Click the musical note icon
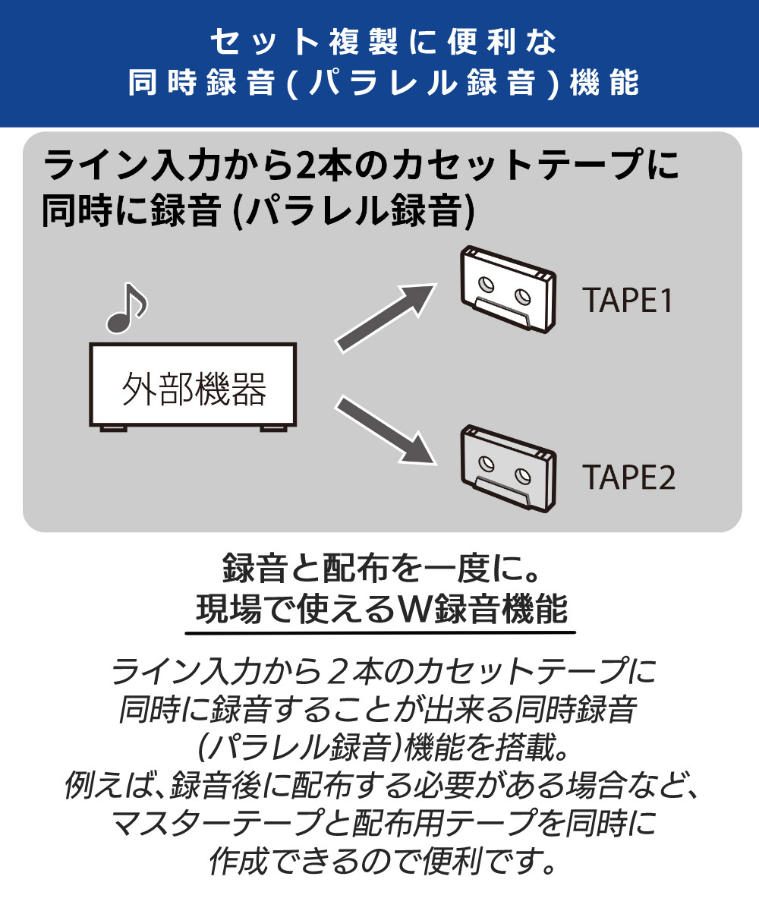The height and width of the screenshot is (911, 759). point(126,309)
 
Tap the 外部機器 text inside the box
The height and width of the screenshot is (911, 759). point(194,389)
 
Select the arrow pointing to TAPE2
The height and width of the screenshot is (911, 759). point(386,430)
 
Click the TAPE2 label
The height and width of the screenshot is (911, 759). point(628,477)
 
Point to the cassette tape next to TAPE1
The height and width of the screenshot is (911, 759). point(509,290)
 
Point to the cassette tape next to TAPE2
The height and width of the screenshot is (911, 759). point(509,468)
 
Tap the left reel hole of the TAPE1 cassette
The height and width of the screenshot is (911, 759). point(487,284)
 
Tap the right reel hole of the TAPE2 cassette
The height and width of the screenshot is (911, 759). point(522,475)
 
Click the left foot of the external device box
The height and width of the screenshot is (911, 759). point(113,428)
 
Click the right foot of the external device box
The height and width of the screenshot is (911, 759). point(273,428)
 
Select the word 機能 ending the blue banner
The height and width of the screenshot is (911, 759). point(604,82)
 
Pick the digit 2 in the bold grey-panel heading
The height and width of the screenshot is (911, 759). point(304,165)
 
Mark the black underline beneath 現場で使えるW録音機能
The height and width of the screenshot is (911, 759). point(380,632)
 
